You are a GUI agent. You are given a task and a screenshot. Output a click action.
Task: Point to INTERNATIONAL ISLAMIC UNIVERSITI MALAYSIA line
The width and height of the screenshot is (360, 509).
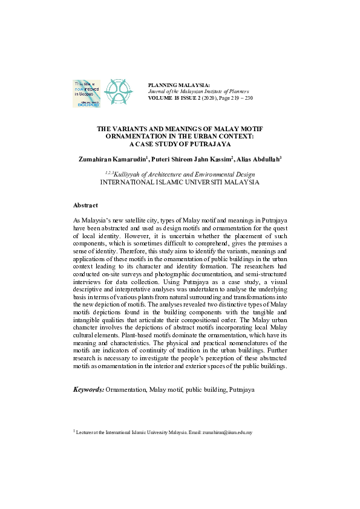[x=180, y=181]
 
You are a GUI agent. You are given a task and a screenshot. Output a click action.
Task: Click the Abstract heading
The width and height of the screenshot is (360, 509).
[x=85, y=206]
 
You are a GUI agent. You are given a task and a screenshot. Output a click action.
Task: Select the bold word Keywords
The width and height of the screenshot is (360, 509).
[x=88, y=391]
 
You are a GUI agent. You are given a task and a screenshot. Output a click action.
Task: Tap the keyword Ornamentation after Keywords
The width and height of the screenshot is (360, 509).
[x=126, y=391]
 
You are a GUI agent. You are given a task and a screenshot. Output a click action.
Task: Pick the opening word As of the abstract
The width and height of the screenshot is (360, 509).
[x=76, y=223]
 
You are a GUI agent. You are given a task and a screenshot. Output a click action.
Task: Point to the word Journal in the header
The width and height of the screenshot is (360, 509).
[x=157, y=91]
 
